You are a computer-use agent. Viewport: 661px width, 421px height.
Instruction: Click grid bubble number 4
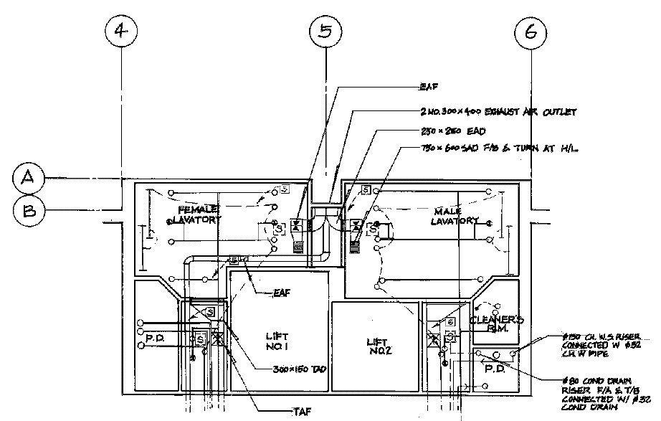pos(122,32)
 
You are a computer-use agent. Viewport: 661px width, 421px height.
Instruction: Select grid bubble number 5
pos(326,32)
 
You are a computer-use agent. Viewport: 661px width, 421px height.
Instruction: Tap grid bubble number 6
pos(531,32)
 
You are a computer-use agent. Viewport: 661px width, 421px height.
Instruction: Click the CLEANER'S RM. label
pos(497,325)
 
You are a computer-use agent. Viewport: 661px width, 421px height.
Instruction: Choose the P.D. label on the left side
pos(156,338)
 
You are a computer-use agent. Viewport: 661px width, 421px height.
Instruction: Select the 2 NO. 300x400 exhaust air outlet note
pos(498,113)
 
